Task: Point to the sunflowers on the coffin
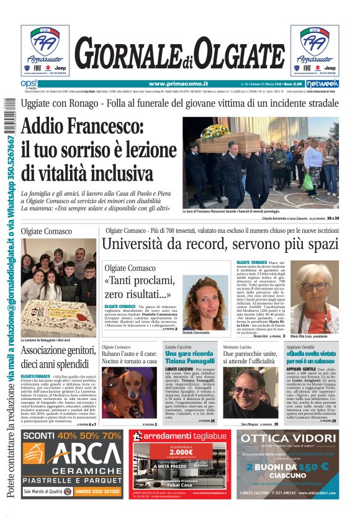tap(215, 131)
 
